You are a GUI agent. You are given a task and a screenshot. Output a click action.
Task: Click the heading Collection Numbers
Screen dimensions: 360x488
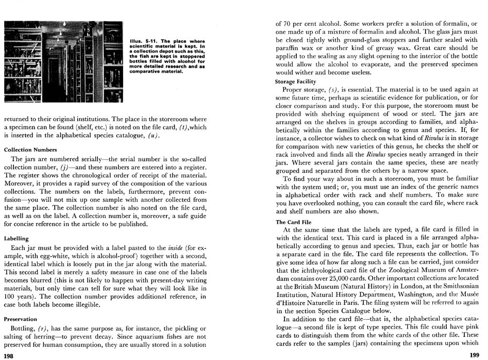coord(30,150)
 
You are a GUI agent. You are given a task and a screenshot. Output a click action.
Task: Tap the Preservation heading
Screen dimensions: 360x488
coord(21,319)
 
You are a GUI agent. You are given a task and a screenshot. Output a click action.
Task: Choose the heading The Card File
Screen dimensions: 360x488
coord(293,222)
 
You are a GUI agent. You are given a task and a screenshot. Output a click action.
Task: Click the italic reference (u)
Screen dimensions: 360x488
coord(153,136)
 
